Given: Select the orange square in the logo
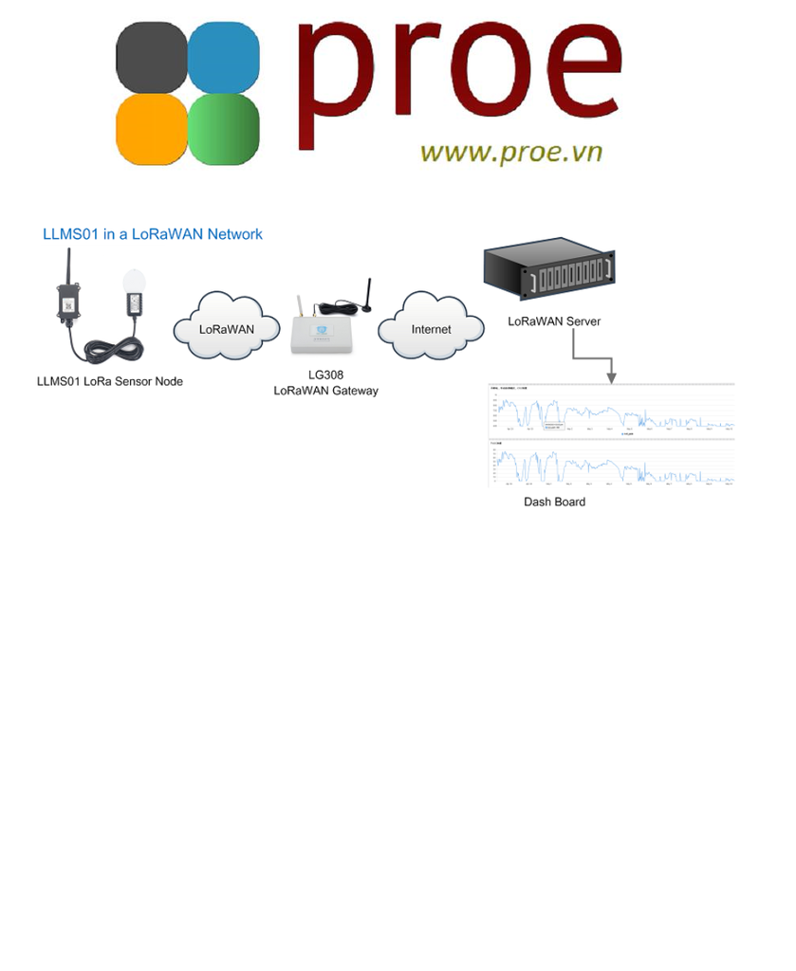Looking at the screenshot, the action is (152, 129).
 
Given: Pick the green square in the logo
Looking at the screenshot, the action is (224, 129).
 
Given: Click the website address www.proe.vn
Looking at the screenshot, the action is (510, 152).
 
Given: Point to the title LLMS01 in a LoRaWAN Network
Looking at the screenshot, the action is (153, 234).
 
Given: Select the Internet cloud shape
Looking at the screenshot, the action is (431, 329).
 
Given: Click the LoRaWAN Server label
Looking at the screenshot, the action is (554, 321).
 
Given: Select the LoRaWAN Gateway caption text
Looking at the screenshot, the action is (325, 391).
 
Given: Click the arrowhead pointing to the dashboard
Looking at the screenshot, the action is (612, 376).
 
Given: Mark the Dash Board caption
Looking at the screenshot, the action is (554, 502).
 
